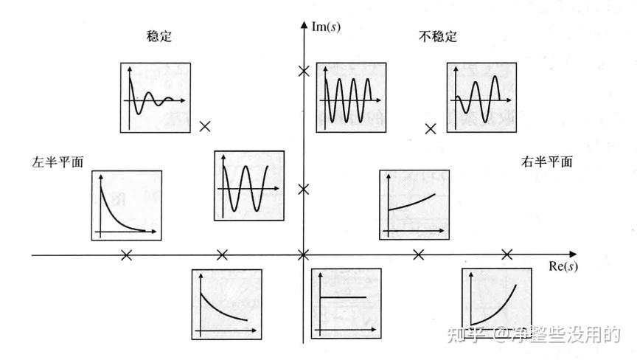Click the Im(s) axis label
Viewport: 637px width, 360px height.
[x=325, y=27]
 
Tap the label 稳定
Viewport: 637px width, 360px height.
[x=159, y=36]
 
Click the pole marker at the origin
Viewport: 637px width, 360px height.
[x=302, y=255]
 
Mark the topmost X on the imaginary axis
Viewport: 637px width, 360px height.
[x=302, y=72]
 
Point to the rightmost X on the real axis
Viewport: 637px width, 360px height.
[x=507, y=255]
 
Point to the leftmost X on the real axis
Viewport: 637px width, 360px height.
[x=126, y=255]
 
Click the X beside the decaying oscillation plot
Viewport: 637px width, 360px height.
[x=205, y=126]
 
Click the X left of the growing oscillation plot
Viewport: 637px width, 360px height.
[x=431, y=128]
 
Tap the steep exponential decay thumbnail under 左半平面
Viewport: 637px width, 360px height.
[x=126, y=205]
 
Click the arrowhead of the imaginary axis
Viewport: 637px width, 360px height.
[x=303, y=25]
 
